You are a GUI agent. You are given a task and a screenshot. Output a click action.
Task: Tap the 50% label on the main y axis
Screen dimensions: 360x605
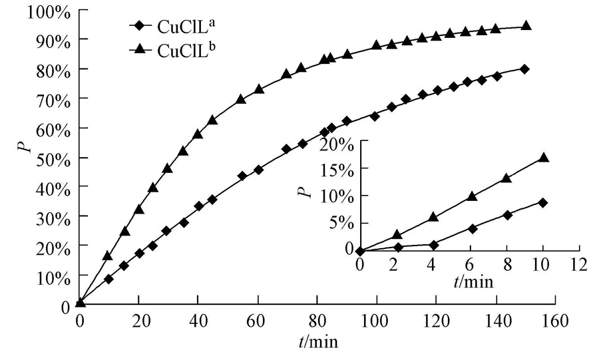click(49, 158)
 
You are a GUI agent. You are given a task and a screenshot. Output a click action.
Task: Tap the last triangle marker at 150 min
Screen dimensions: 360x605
click(526, 25)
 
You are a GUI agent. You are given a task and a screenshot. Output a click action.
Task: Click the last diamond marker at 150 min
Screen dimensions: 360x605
click(525, 69)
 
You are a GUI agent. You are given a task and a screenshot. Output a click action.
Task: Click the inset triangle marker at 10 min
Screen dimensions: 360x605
click(543, 158)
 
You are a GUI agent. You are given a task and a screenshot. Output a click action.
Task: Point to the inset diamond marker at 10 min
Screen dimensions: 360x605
click(543, 202)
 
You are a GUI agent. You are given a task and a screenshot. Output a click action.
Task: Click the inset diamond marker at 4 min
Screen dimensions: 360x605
click(434, 245)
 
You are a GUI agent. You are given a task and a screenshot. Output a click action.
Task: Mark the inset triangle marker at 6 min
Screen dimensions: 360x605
click(472, 196)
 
